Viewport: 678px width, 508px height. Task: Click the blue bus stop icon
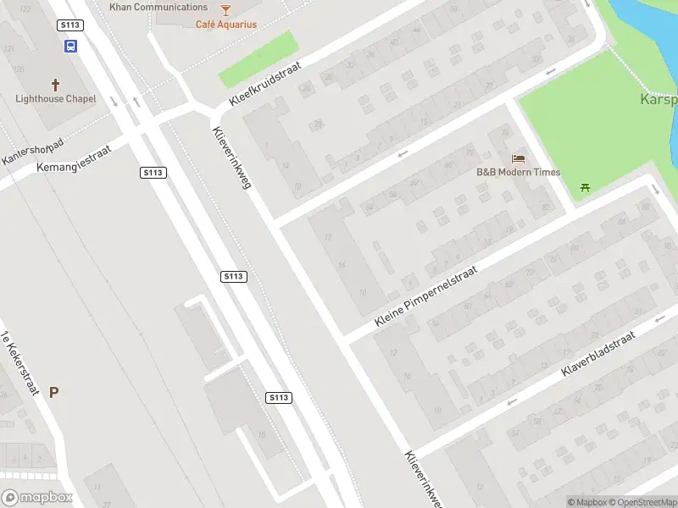pyautogui.click(x=70, y=47)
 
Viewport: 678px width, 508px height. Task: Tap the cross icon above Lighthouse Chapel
pyautogui.click(x=57, y=85)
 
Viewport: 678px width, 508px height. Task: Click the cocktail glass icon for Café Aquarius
pyautogui.click(x=225, y=10)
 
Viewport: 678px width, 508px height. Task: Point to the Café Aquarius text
pyautogui.click(x=226, y=25)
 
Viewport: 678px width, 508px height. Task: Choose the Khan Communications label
pyautogui.click(x=158, y=7)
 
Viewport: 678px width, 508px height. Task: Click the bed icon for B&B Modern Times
pyautogui.click(x=518, y=158)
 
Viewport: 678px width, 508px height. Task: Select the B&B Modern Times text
pyautogui.click(x=518, y=173)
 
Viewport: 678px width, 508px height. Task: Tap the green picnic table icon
pyautogui.click(x=584, y=187)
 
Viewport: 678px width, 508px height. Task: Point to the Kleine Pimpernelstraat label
pyautogui.click(x=426, y=296)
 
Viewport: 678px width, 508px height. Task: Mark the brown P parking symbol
pyautogui.click(x=54, y=392)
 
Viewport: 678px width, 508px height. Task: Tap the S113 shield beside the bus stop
pyautogui.click(x=70, y=26)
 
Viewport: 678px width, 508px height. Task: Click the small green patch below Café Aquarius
pyautogui.click(x=259, y=58)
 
